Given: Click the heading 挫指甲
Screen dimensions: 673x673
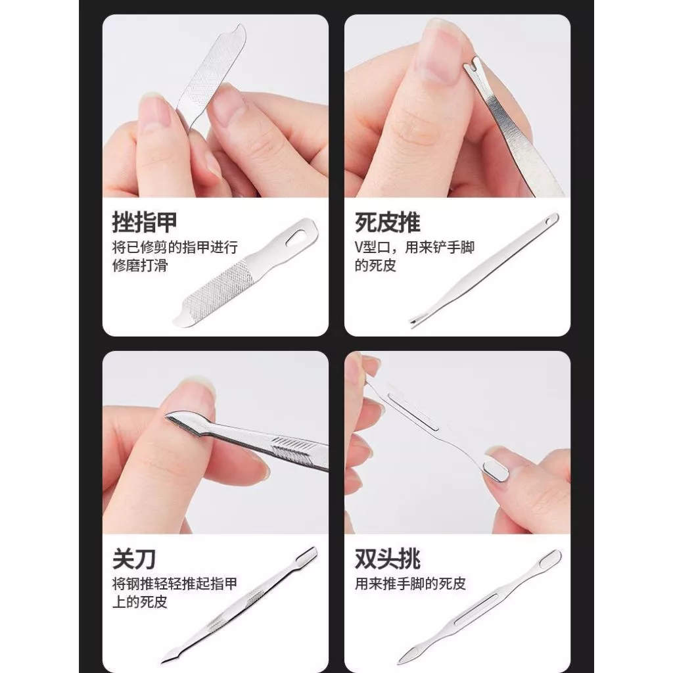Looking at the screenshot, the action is tap(144, 222).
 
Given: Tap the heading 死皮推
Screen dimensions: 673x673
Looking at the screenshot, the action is tap(387, 222).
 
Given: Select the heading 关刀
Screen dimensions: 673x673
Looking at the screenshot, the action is tap(133, 559).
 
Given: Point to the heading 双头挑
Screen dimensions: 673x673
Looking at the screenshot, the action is tap(387, 559).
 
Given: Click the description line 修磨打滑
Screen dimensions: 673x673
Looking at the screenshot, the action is tap(140, 266).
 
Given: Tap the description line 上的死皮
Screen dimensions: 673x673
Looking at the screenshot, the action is tap(140, 602).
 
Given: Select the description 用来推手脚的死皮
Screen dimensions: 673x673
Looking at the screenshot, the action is tap(410, 584).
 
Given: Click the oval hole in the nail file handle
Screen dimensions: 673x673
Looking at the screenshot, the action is tap(296, 237).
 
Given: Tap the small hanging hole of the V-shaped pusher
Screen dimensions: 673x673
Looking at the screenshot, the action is tap(549, 221).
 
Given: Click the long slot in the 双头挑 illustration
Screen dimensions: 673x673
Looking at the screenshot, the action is tap(476, 609).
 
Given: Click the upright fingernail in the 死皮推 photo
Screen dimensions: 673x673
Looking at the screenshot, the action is tap(438, 51).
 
